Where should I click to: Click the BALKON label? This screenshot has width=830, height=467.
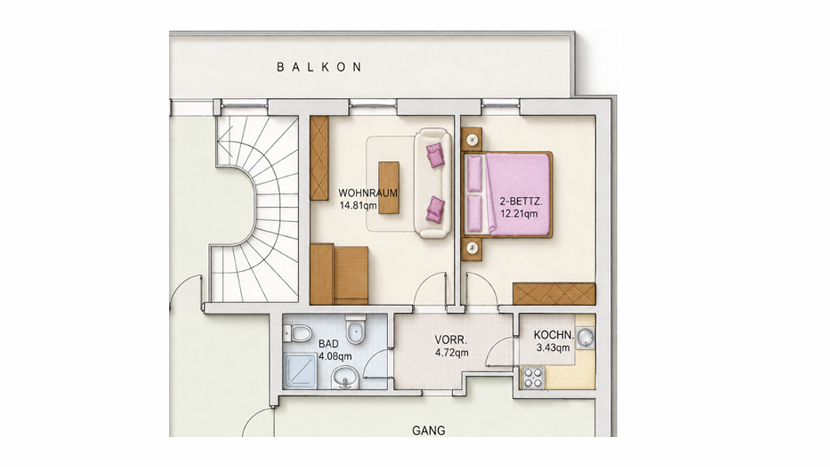click(319, 67)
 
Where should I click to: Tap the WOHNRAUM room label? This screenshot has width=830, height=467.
click(368, 193)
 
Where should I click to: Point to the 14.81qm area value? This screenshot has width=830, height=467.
click(358, 205)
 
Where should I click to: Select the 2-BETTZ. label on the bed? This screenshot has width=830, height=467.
click(522, 201)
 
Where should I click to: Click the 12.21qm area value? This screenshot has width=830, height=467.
click(519, 213)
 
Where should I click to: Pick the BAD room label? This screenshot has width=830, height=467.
click(329, 344)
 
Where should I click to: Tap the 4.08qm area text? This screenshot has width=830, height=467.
click(335, 356)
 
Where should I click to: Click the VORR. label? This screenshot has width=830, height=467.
click(451, 340)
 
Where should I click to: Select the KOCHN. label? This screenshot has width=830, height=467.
click(553, 335)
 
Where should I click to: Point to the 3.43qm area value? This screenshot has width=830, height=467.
click(553, 348)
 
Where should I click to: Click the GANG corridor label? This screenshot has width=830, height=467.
click(428, 431)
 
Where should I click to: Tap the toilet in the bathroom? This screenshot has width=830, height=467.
click(297, 333)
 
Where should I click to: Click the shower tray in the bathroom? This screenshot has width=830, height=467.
click(300, 371)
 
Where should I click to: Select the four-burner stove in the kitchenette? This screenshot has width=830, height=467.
click(534, 377)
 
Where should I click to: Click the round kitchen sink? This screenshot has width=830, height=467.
click(586, 337)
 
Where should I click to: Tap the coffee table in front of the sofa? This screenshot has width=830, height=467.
click(389, 188)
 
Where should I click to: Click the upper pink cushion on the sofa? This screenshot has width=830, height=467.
click(436, 155)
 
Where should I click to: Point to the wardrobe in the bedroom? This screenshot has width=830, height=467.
click(554, 293)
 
